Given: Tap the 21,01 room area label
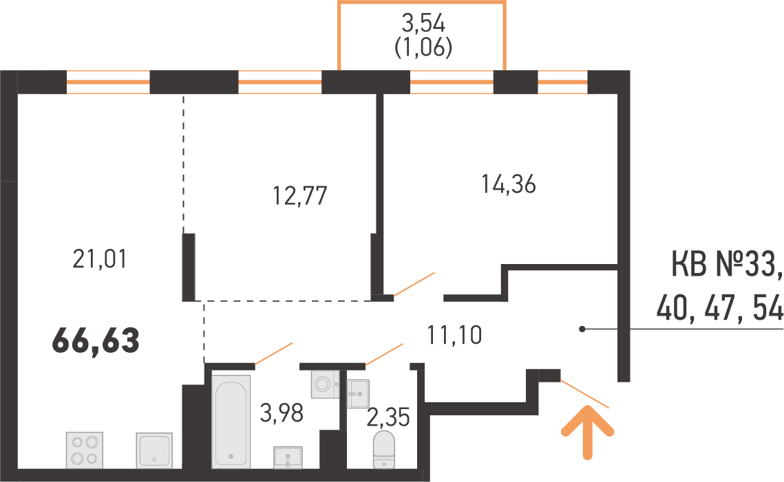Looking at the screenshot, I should (100, 260).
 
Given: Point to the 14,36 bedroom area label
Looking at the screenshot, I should (509, 184).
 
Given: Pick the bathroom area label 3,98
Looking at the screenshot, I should (282, 413).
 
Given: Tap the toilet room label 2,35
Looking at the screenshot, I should (388, 417).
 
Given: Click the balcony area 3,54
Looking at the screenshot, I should (423, 23).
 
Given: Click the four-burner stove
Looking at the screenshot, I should (84, 450).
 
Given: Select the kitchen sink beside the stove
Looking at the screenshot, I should (154, 450).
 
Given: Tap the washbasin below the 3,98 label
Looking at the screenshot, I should (288, 457).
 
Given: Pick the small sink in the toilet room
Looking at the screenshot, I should (357, 393).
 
